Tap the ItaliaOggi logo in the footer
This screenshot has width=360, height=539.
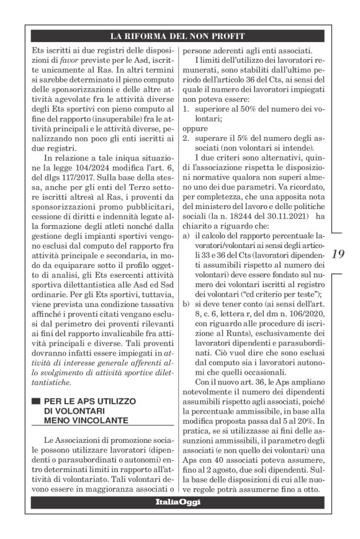click(x=179, y=502)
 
